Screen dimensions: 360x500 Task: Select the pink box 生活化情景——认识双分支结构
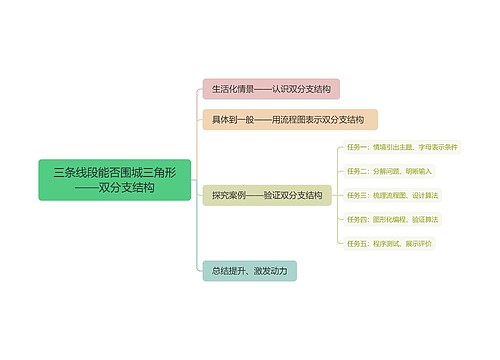point(271,89)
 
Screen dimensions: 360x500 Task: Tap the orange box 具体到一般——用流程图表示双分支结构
point(290,120)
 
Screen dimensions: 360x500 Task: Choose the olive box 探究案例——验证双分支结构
point(265,194)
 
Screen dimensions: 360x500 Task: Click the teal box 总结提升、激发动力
point(249,270)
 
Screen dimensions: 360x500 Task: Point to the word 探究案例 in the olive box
point(228,194)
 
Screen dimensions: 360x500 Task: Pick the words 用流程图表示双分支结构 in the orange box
point(317,120)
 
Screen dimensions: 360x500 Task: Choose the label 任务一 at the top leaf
point(357,147)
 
